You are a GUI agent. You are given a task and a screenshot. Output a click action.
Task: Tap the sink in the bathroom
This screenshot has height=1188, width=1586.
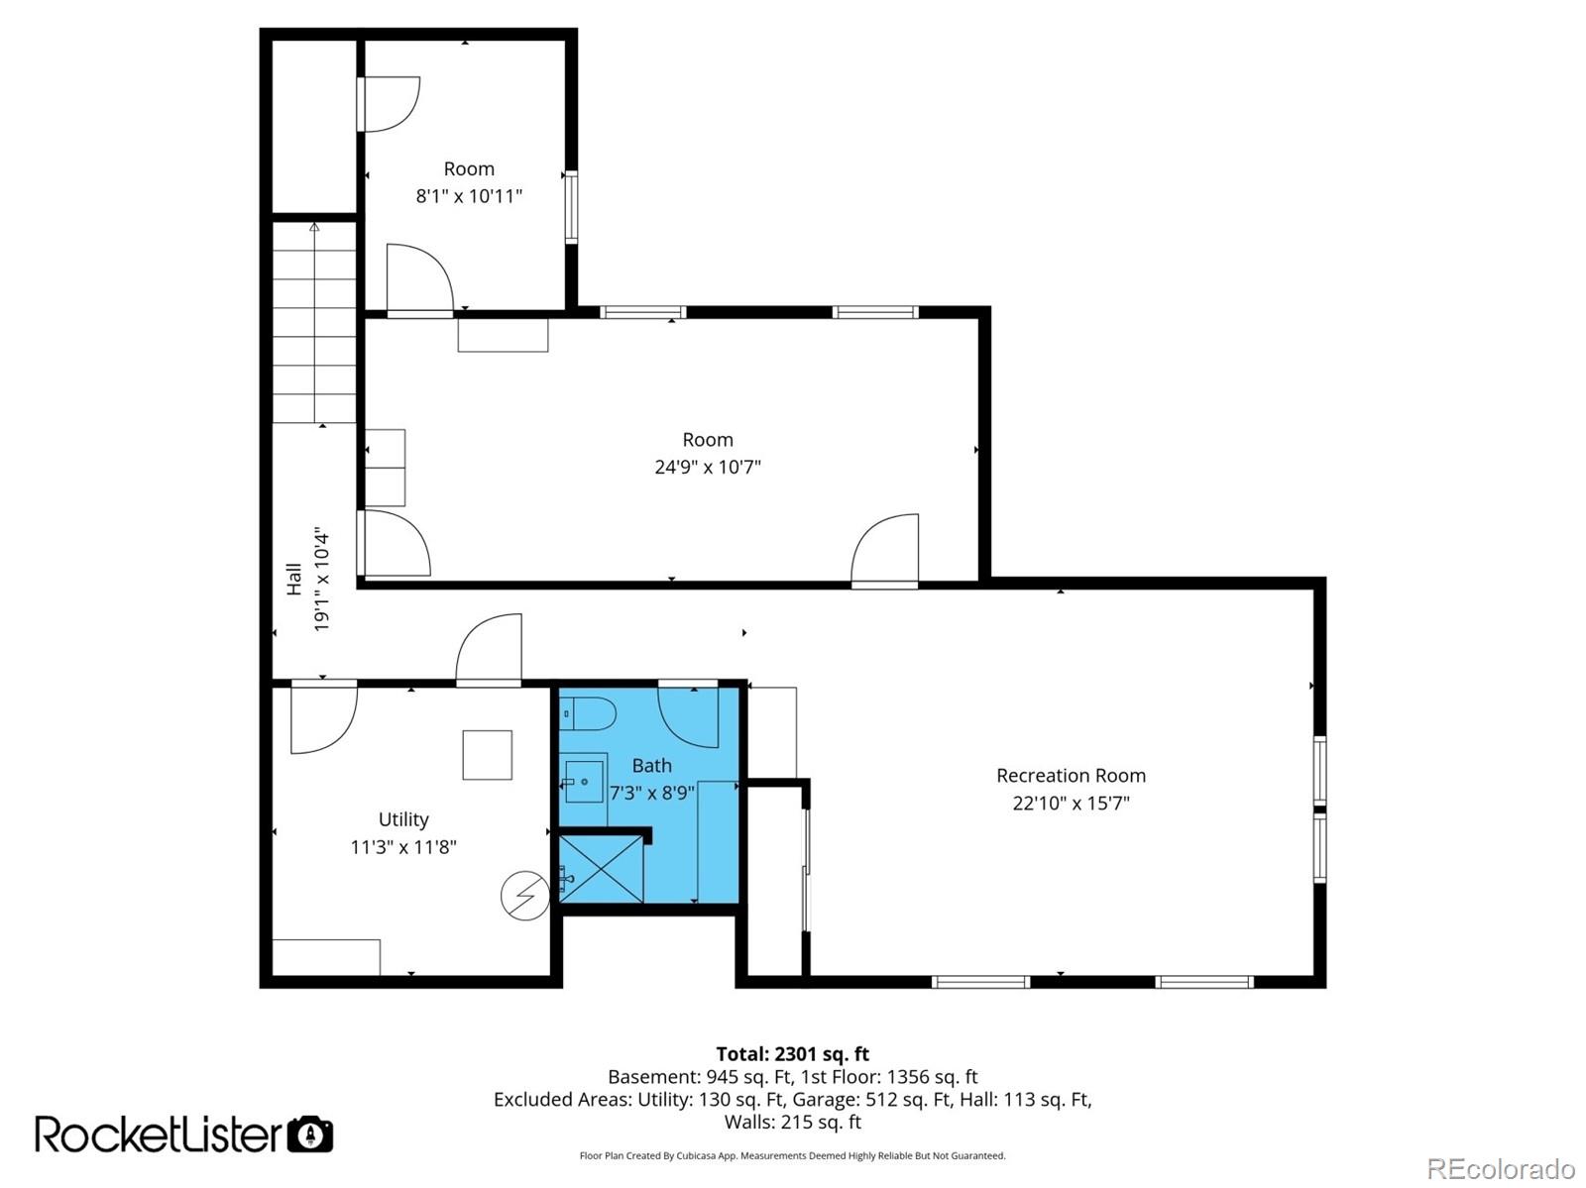coord(585,782)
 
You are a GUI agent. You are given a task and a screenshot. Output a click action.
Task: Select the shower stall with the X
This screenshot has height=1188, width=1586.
coord(602,869)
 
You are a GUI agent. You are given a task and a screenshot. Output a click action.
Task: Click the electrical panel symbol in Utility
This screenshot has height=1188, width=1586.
coord(525,895)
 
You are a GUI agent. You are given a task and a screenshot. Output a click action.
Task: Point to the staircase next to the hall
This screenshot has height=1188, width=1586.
coord(315,322)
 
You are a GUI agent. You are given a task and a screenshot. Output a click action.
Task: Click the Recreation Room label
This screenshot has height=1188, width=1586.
coord(1071,776)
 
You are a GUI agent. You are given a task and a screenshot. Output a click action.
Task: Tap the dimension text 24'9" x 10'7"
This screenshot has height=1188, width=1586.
coord(707,467)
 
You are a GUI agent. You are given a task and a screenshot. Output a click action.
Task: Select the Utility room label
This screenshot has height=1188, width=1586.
coord(403,819)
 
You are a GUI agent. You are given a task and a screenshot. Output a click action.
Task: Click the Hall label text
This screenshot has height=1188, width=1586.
coord(294,580)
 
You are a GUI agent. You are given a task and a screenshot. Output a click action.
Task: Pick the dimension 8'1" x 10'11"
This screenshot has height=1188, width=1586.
coord(469,196)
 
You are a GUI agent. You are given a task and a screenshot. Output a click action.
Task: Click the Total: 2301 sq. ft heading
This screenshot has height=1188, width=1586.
coord(792,1054)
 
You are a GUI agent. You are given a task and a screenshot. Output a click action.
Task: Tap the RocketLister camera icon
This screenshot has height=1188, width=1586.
coord(310,1134)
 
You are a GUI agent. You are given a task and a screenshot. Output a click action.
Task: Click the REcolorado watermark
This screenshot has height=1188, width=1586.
coord(1501,1168)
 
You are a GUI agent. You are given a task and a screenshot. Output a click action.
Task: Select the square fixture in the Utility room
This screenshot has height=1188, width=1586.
coord(488,755)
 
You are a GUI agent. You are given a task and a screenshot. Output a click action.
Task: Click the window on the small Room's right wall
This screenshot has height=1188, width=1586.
coord(571,207)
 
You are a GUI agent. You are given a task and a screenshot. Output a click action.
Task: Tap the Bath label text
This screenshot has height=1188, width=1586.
coord(651,766)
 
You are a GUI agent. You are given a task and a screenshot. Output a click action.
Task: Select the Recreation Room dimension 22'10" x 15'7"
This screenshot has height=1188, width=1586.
coord(1071,804)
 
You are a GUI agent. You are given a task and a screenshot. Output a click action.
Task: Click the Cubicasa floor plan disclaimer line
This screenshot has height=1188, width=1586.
coord(792,1155)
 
